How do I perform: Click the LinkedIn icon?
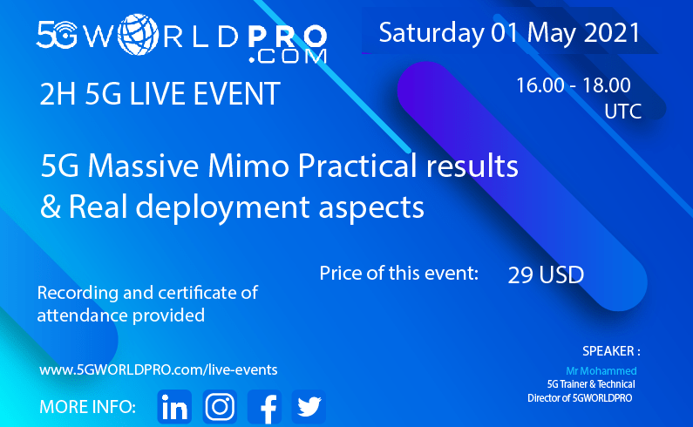coord(174,407)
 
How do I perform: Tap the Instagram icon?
coord(220,407)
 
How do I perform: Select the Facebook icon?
coord(265,407)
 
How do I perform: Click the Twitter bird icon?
coord(309,407)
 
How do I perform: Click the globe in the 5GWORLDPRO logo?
coord(138,35)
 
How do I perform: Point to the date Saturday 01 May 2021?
coord(510,33)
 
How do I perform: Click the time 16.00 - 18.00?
coord(574,85)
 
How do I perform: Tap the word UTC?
coord(622,112)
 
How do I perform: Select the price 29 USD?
coord(546,275)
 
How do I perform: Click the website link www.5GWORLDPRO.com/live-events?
coord(159,369)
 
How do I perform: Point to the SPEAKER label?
coord(611,351)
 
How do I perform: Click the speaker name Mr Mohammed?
coord(601,371)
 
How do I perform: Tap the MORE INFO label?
coord(87,407)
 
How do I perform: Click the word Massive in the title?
coord(143,166)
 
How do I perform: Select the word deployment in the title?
coord(222,207)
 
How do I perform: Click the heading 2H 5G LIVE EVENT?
coord(160,93)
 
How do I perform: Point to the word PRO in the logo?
coord(288,37)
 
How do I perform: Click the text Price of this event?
coord(399,273)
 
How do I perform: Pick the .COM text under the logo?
coord(288,57)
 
